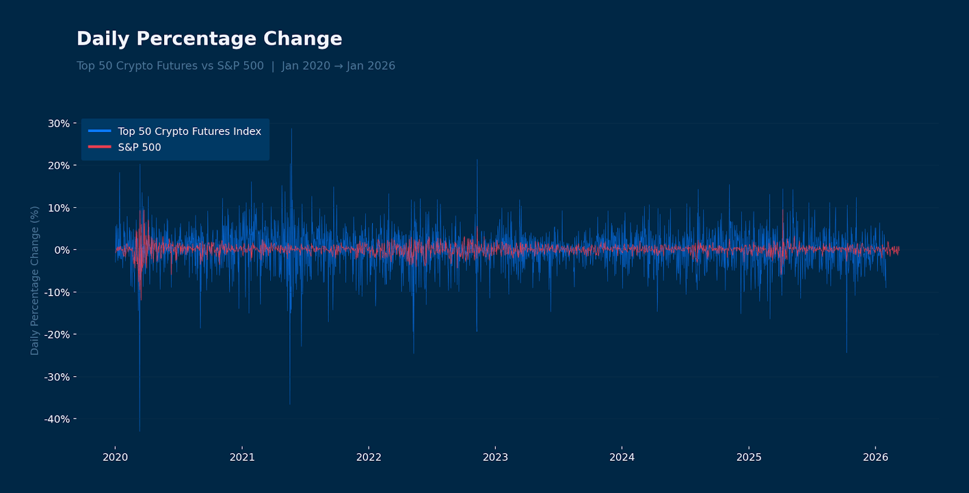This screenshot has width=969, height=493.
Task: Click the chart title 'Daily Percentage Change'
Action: (209, 39)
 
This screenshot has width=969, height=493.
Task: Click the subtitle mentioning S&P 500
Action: (236, 66)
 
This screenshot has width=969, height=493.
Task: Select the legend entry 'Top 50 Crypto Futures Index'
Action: (189, 131)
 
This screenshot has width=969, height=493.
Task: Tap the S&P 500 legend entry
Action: (139, 147)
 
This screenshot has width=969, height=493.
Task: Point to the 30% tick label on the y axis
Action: (59, 124)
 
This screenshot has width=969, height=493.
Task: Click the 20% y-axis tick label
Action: (59, 165)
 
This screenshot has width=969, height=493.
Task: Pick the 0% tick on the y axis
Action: (62, 250)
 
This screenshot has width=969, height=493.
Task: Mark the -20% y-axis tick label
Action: (58, 334)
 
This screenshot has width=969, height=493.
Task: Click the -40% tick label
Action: (58, 419)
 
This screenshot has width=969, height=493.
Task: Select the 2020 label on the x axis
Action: (115, 457)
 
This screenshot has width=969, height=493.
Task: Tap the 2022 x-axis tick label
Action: (369, 457)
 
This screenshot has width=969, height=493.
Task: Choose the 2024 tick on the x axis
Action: (622, 457)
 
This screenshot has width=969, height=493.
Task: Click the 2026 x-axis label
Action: (875, 457)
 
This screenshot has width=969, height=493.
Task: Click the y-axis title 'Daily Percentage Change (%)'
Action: (35, 280)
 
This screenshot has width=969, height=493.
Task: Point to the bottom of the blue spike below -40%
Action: (139, 431)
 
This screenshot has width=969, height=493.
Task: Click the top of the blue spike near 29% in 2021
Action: (291, 129)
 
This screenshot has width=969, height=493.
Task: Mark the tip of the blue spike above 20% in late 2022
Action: (477, 160)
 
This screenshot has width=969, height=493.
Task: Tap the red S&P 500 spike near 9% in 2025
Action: (783, 211)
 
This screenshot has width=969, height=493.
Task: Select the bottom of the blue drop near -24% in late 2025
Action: (847, 352)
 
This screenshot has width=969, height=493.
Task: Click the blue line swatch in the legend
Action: (100, 131)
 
